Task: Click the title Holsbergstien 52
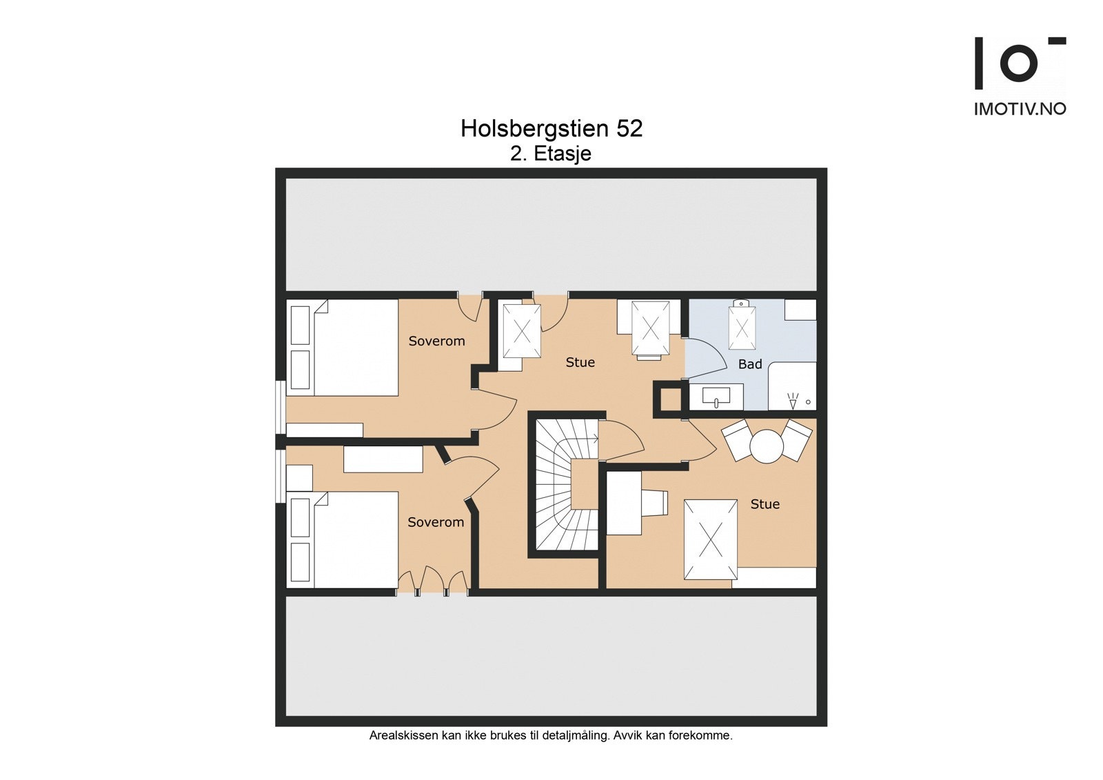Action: pos(551,128)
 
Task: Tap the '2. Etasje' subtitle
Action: pos(551,154)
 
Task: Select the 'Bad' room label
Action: pos(750,364)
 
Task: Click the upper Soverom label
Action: pos(437,341)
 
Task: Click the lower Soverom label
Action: pos(436,522)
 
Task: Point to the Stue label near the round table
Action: pos(765,504)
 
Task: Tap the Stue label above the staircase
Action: pos(580,363)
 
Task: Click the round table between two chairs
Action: pos(766,446)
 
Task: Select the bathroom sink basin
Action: pos(716,397)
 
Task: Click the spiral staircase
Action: pos(567,485)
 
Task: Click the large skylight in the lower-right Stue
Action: pos(711,539)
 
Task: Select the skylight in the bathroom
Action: pos(741,326)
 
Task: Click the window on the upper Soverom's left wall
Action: pos(281,408)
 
